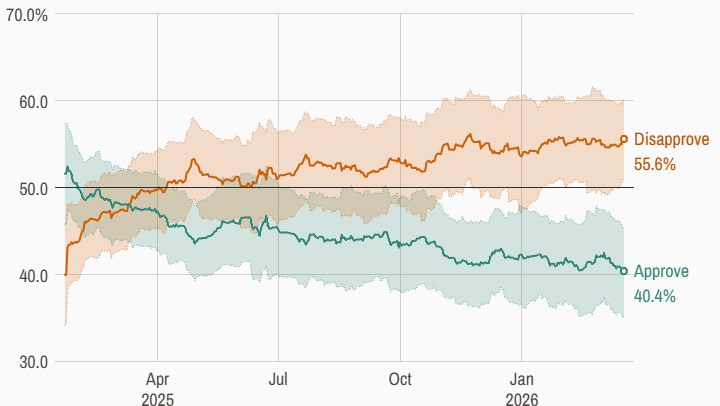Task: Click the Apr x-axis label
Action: point(157,379)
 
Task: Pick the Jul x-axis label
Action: point(279,379)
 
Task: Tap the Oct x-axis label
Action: point(400,379)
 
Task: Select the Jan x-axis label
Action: point(521,379)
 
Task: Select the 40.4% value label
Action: point(656,295)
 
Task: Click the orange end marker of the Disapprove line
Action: point(624,139)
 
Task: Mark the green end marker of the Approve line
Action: point(624,271)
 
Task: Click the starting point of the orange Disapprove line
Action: point(65,274)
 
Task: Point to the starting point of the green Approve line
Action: point(65,173)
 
